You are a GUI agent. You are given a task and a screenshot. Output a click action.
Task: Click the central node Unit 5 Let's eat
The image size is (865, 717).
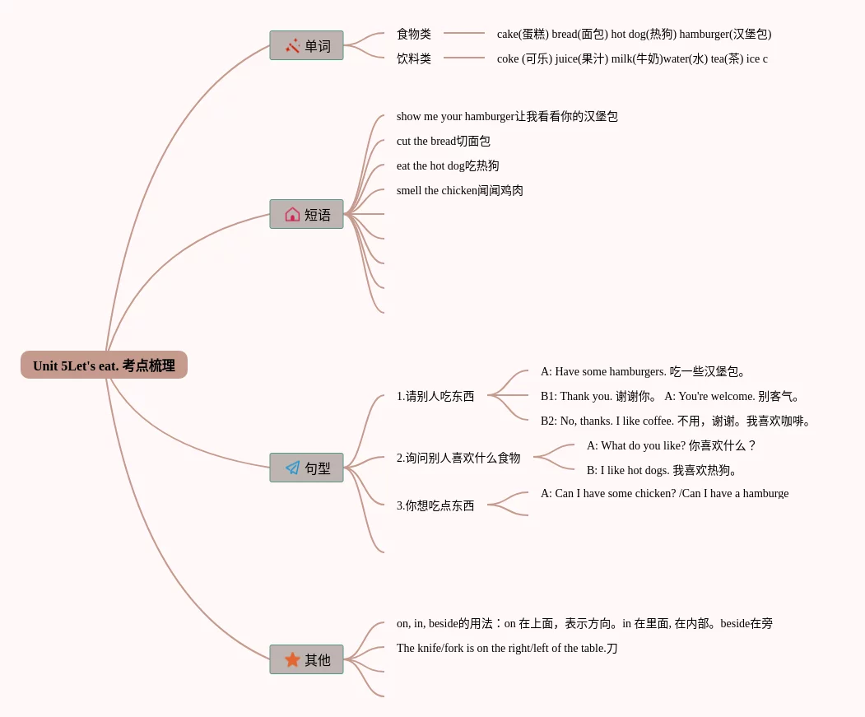[x=104, y=365]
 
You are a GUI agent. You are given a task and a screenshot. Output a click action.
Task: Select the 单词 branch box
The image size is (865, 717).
[x=306, y=45]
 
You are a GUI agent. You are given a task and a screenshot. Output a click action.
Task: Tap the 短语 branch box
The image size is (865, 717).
[x=306, y=214]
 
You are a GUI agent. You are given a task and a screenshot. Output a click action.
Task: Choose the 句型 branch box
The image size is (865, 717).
[x=306, y=468]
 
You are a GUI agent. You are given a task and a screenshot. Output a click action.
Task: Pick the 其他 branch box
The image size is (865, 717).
[x=306, y=659]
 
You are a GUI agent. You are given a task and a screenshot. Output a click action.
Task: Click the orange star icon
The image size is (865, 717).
[x=292, y=659]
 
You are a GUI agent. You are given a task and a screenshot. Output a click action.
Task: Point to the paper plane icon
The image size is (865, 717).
[x=292, y=468]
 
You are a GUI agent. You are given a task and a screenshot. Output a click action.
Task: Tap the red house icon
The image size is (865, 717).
[x=292, y=214]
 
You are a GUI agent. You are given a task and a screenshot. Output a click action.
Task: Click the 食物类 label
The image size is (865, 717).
[x=414, y=34]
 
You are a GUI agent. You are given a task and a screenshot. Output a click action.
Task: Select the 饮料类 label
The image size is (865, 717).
[x=414, y=58]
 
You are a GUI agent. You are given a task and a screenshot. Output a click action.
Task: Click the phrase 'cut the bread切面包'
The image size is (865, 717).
[x=444, y=141]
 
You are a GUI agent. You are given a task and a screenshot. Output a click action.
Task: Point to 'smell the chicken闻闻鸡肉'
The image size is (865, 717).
[x=460, y=190]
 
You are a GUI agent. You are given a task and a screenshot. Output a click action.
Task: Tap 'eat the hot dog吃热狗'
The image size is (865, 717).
[x=448, y=165]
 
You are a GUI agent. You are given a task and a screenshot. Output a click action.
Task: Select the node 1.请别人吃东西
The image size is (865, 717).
[x=435, y=396]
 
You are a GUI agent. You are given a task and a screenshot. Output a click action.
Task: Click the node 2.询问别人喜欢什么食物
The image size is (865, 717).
[x=458, y=458]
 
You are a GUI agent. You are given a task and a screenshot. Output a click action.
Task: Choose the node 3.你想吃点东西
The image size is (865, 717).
[x=435, y=505]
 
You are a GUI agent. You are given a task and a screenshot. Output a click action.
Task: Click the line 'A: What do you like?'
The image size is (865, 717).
[x=672, y=445]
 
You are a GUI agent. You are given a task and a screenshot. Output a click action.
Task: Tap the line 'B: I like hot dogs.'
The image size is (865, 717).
[x=663, y=470]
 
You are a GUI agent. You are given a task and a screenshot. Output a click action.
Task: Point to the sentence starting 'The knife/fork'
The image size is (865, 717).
[x=507, y=648]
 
